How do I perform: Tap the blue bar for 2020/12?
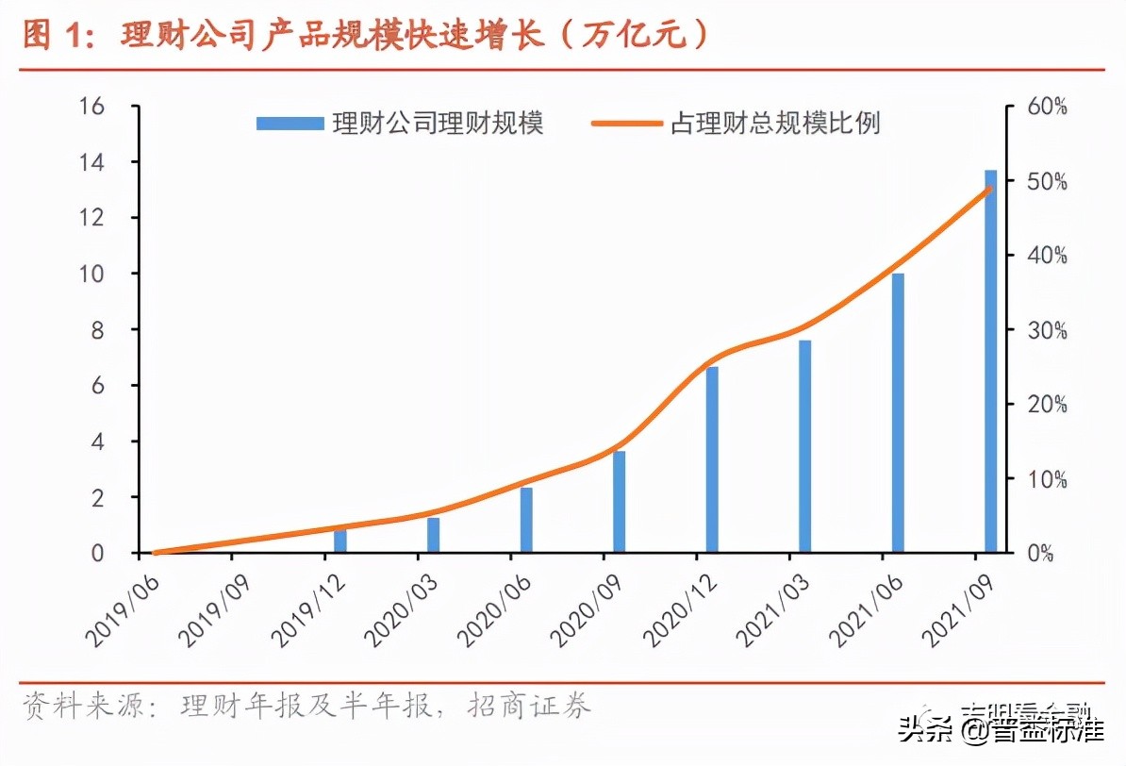pyautogui.click(x=712, y=459)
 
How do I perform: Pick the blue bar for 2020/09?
pyautogui.click(x=619, y=502)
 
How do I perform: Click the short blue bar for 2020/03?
pyautogui.click(x=433, y=535)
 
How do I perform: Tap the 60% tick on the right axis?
pyautogui.click(x=1046, y=107)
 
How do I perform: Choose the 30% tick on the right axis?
pyautogui.click(x=1046, y=330)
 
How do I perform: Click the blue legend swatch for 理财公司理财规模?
pyautogui.click(x=290, y=124)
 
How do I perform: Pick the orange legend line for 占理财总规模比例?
pyautogui.click(x=626, y=124)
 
